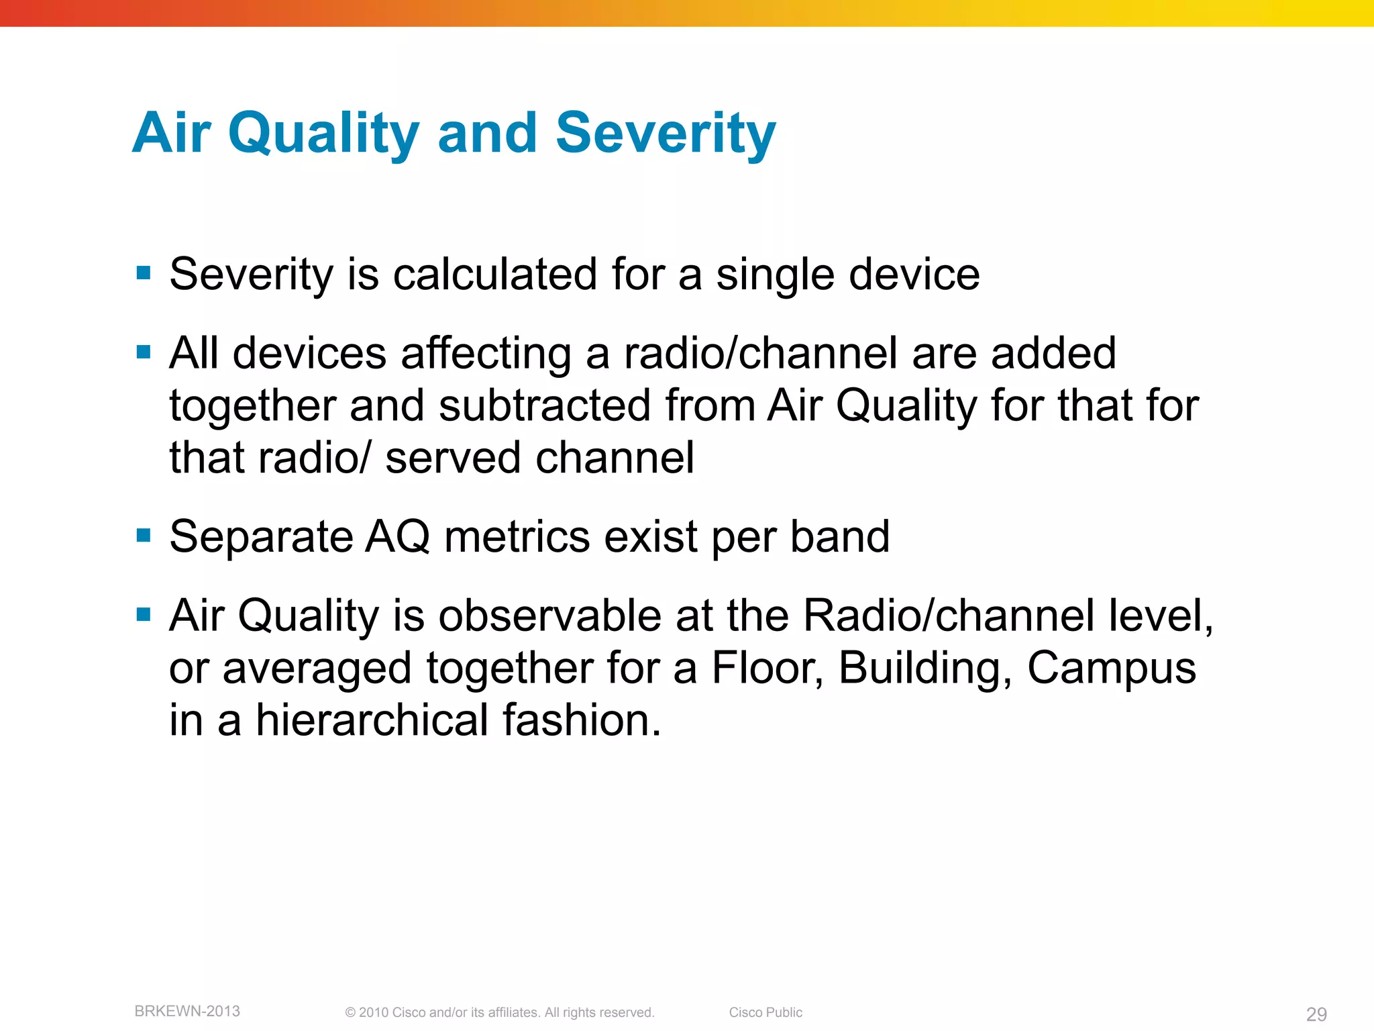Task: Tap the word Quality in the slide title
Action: [323, 133]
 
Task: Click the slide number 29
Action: [1316, 1014]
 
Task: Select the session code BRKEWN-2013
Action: [187, 1011]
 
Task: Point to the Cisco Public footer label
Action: [765, 1012]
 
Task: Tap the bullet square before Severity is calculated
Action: [143, 273]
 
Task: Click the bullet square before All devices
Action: [143, 352]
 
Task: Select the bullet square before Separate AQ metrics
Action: [143, 536]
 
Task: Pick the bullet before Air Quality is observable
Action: [143, 614]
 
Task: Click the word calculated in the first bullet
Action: [495, 275]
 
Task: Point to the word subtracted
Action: [545, 405]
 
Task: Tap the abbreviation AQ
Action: [397, 537]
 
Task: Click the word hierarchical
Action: [372, 720]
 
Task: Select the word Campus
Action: [1112, 668]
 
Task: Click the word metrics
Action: [517, 537]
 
